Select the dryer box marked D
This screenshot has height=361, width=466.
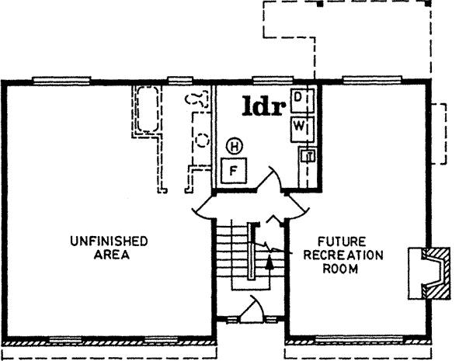click(301, 98)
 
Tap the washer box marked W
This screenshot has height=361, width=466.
click(301, 127)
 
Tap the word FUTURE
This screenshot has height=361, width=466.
click(332, 241)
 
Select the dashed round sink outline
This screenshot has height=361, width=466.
click(203, 141)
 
